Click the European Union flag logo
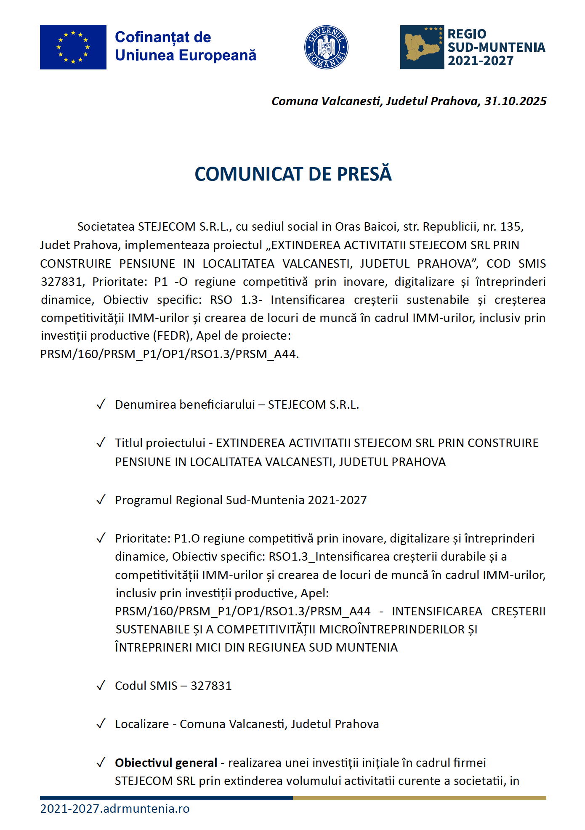point(73,47)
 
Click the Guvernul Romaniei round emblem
point(326,47)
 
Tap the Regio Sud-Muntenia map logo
point(422,47)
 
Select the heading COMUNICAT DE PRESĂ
point(293,174)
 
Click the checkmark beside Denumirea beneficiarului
point(101,404)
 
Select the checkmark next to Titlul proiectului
point(101,443)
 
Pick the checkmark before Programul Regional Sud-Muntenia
point(101,500)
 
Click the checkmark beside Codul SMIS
point(101,686)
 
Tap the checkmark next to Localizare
point(101,724)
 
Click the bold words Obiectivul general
point(166,763)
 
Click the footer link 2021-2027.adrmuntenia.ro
point(114,809)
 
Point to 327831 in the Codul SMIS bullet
point(211,686)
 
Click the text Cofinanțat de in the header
point(163,37)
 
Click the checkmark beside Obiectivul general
point(101,763)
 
